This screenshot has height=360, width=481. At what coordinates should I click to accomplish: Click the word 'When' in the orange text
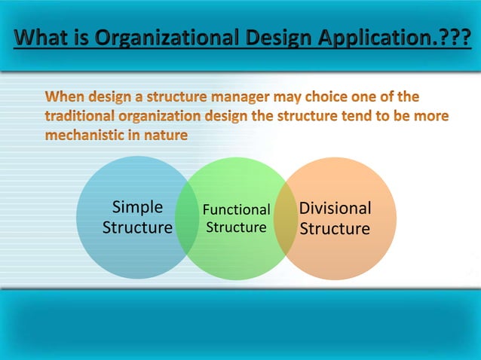(65, 97)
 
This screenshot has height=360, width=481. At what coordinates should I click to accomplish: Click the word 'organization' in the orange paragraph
(165, 117)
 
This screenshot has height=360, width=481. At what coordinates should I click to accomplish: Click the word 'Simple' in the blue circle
(136, 208)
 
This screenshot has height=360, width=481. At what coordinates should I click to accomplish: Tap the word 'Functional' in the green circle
(236, 210)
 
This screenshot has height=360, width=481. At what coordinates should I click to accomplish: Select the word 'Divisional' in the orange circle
(335, 208)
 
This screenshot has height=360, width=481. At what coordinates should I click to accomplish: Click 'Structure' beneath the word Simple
(137, 227)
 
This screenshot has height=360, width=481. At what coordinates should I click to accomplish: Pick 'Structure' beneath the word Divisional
(335, 228)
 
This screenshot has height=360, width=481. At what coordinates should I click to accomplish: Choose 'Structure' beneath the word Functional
(236, 227)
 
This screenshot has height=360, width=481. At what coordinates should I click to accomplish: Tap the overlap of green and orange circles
(284, 218)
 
